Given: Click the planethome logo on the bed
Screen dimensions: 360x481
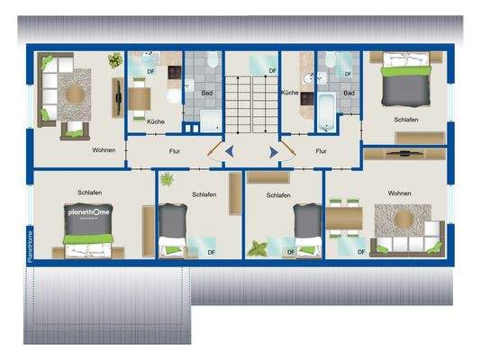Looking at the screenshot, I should click(89, 214).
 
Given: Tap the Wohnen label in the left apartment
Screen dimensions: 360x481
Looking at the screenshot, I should click(103, 149).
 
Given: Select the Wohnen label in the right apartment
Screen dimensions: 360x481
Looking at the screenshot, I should click(399, 193).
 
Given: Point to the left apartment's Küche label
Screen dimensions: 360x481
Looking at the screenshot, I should click(155, 121).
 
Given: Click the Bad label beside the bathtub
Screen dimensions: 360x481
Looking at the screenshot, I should click(349, 93).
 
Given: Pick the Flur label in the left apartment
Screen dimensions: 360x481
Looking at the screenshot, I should click(174, 151).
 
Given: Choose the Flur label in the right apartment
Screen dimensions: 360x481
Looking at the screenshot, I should click(321, 151).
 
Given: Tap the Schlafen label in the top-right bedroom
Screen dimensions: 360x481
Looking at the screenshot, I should click(405, 119).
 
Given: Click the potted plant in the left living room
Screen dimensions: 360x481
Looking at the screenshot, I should click(114, 61).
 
